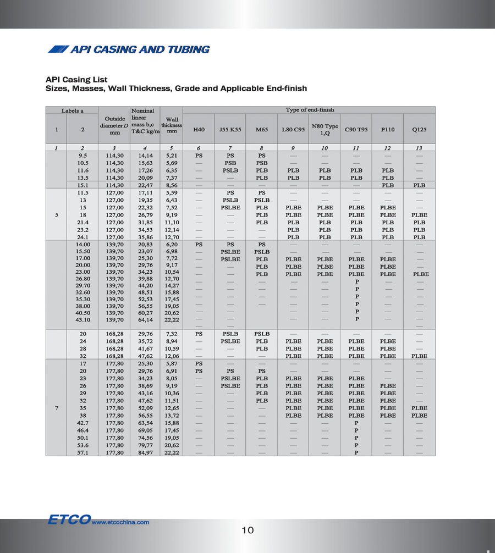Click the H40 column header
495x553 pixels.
pyautogui.click(x=199, y=130)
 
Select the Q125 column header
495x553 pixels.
pyautogui.click(x=419, y=130)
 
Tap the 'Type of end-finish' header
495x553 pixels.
pyautogui.click(x=309, y=110)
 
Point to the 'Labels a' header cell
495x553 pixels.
pyautogui.click(x=72, y=110)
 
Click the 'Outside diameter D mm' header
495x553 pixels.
pyautogui.click(x=114, y=125)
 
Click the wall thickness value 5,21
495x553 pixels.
pyautogui.click(x=172, y=156)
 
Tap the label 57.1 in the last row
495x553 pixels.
pyautogui.click(x=84, y=452)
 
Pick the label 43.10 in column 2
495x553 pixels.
pyautogui.click(x=84, y=319)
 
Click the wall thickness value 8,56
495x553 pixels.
pyautogui.click(x=172, y=185)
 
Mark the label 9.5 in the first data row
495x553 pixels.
pyautogui.click(x=84, y=156)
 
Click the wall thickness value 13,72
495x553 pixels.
pyautogui.click(x=172, y=416)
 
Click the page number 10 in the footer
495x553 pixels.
pyautogui.click(x=248, y=530)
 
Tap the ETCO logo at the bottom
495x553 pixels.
pyautogui.click(x=68, y=519)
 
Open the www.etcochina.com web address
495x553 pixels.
pyautogui.click(x=120, y=523)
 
